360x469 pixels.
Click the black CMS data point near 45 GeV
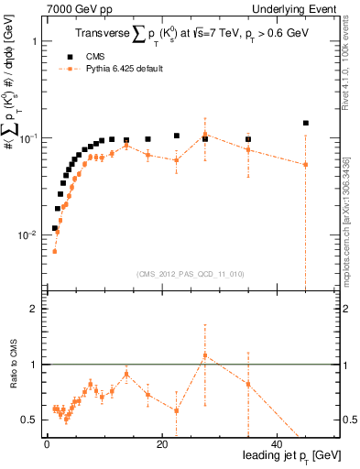[306, 123]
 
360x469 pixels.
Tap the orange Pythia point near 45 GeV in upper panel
[306, 165]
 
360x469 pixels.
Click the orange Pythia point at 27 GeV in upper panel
[205, 135]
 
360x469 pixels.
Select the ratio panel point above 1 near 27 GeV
[205, 354]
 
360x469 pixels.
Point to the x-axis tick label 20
[161, 444]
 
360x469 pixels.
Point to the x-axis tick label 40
[277, 444]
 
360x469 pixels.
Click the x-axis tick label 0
[47, 444]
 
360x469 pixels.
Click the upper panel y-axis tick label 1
[33, 42]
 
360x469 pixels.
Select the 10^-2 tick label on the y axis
[28, 235]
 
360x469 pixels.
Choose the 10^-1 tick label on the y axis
[28, 138]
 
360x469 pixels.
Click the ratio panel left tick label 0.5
[29, 420]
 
